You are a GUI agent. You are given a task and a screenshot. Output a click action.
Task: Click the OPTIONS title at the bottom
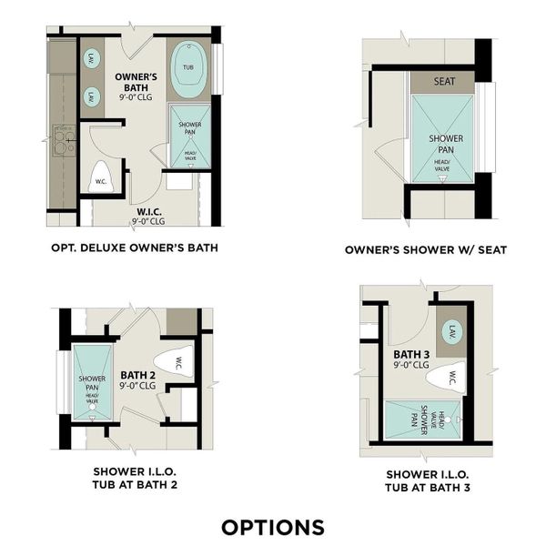pyautogui.click(x=273, y=527)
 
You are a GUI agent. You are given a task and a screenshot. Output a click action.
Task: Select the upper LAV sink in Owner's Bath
pyautogui.click(x=92, y=60)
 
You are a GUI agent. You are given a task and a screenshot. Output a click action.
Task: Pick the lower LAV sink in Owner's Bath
pyautogui.click(x=92, y=96)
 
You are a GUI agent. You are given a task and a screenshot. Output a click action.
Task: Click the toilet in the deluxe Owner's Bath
pyautogui.click(x=101, y=178)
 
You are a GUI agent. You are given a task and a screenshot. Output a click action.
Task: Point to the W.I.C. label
pyautogui.click(x=148, y=216)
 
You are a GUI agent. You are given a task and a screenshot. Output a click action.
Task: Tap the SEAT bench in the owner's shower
pyautogui.click(x=444, y=81)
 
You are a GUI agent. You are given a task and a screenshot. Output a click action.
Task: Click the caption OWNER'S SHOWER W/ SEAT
pyautogui.click(x=426, y=250)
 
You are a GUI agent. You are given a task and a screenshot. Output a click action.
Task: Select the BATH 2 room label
pyautogui.click(x=138, y=379)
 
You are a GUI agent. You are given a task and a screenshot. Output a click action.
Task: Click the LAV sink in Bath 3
pyautogui.click(x=452, y=334)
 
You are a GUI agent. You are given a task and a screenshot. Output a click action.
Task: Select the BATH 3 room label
pyautogui.click(x=411, y=359)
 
